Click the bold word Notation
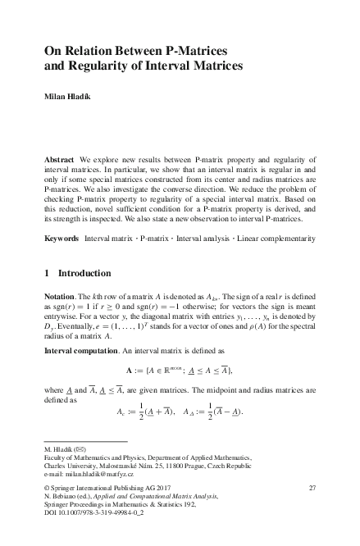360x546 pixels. tap(62, 293)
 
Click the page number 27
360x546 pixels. tap(312, 488)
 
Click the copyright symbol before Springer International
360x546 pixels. tap(47, 488)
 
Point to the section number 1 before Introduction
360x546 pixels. tap(47, 272)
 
